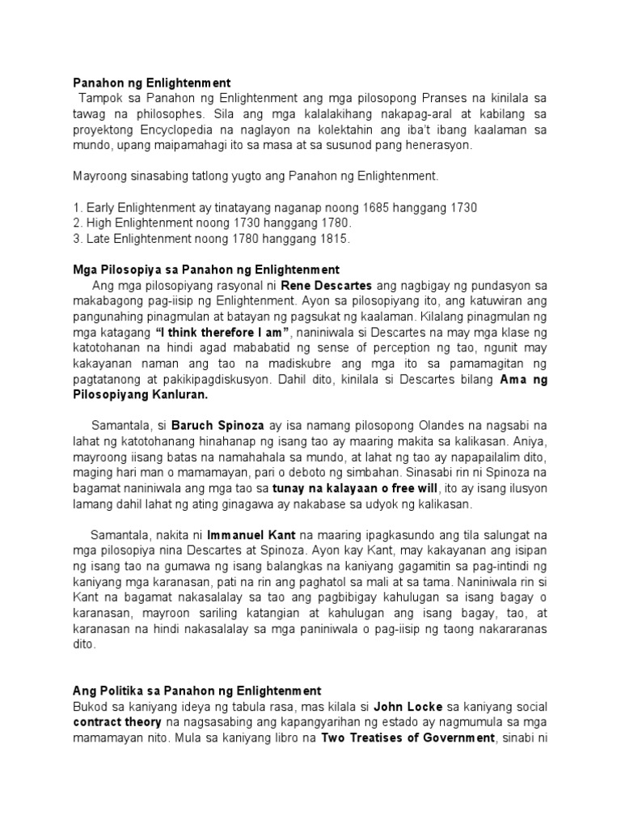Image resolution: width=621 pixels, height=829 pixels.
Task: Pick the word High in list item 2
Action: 99,223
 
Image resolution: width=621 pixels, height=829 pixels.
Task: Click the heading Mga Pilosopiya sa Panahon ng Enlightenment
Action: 206,269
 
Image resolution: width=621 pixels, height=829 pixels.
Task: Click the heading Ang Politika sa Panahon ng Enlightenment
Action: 197,691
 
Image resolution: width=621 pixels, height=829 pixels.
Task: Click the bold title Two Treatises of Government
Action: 408,738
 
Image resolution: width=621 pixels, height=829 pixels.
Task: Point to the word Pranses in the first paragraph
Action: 423,98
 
